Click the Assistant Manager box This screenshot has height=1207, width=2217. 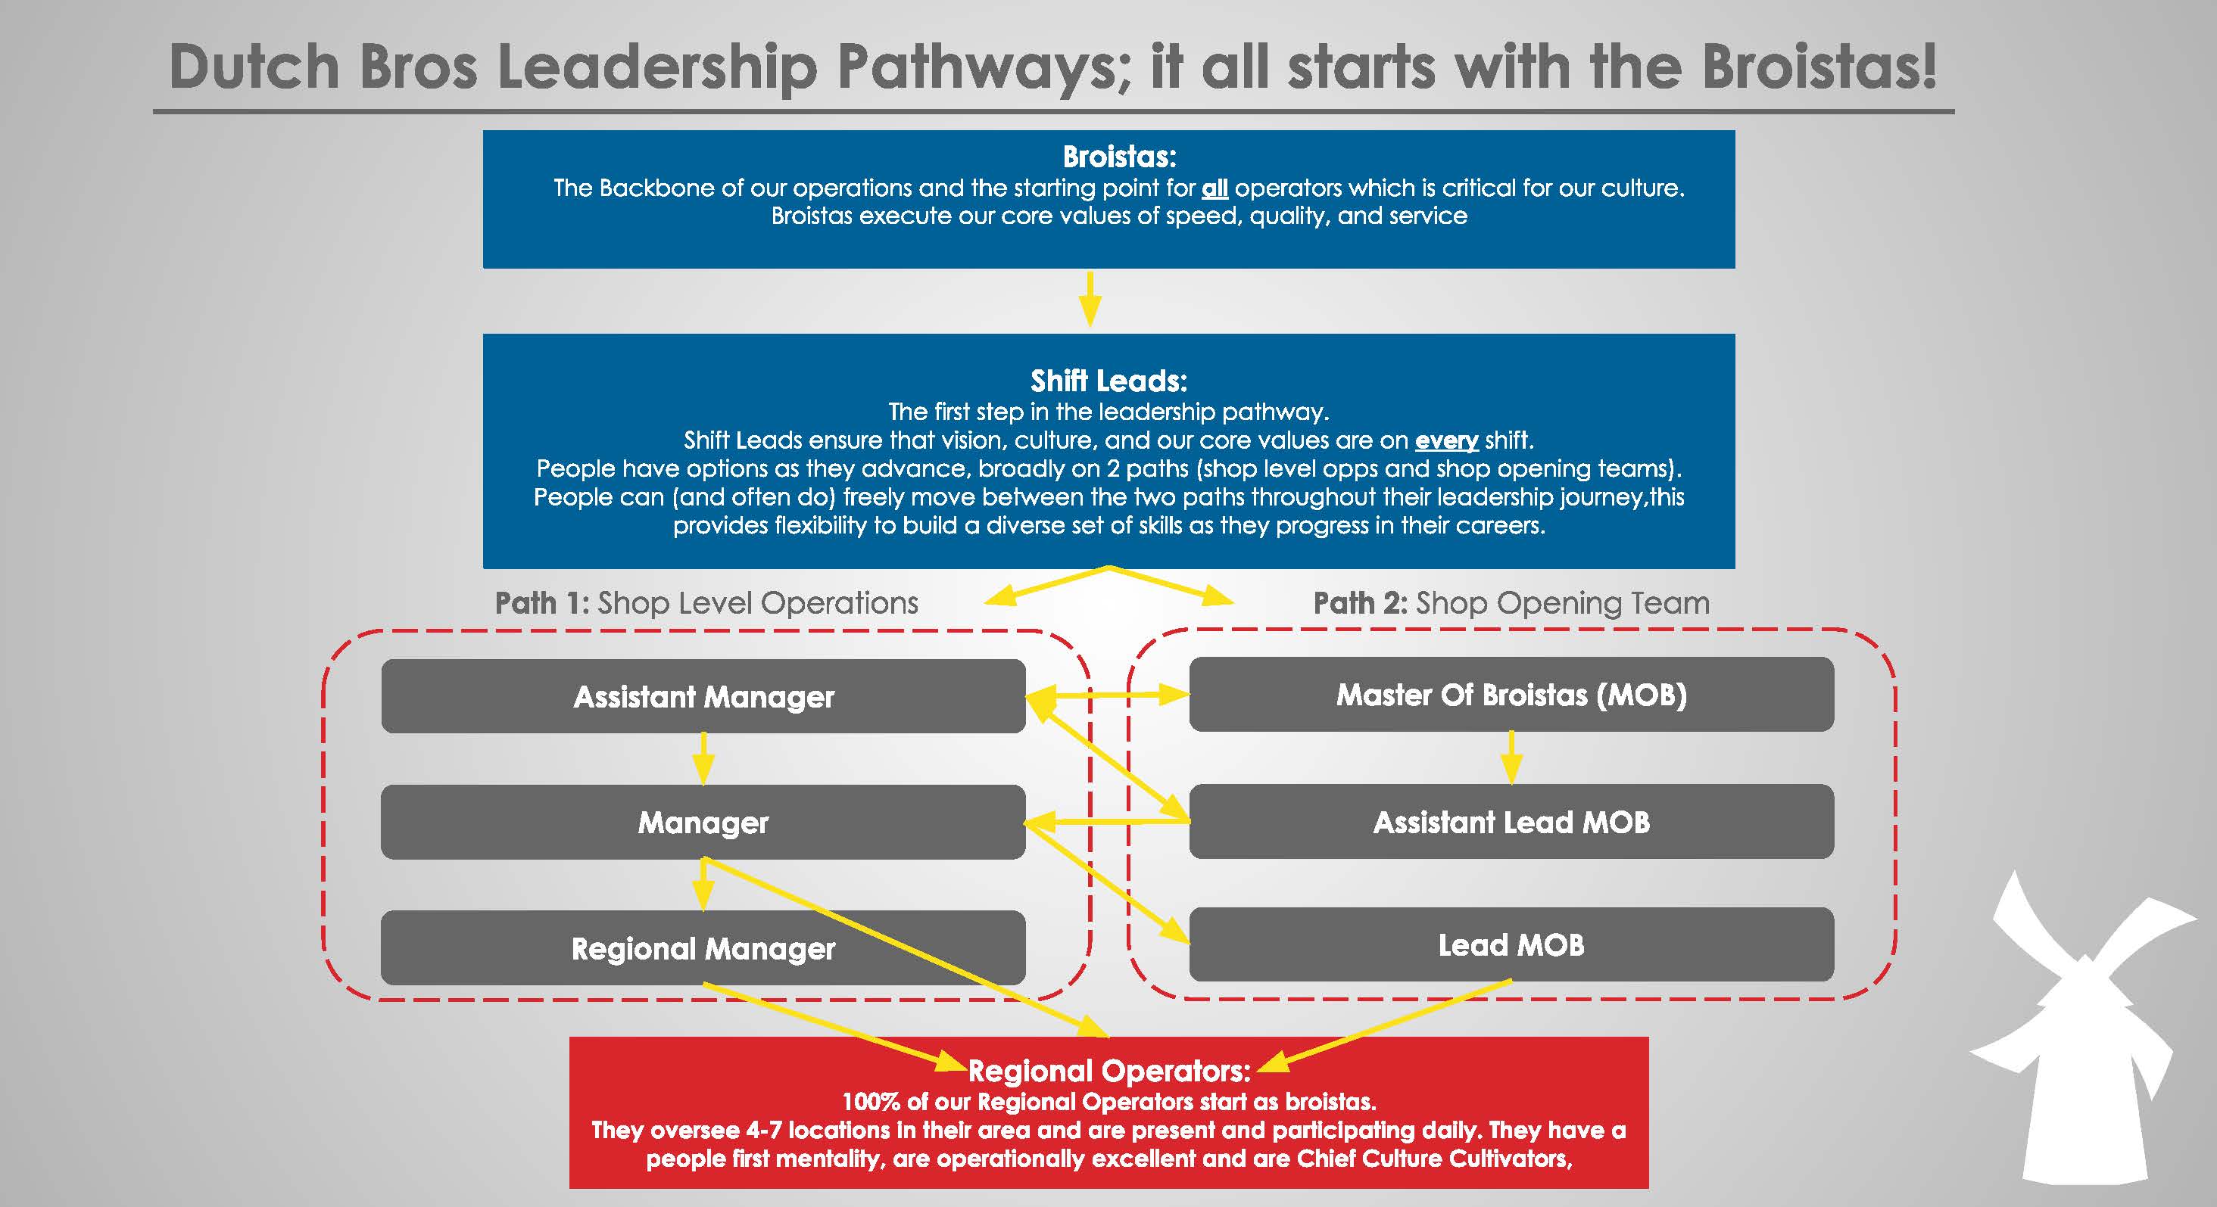coord(703,696)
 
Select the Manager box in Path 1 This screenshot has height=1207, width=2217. coord(703,822)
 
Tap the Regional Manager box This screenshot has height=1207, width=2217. coord(703,948)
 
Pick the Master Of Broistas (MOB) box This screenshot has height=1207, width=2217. coord(1511,694)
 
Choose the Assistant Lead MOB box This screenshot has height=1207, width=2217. coord(1511,822)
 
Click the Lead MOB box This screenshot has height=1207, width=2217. coord(1511,944)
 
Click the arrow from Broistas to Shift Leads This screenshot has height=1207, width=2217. coord(1090,300)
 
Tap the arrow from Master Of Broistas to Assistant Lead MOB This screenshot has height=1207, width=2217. coord(1511,757)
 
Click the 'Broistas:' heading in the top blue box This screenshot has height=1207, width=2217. coord(1119,157)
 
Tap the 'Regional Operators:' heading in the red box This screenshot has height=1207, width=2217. coord(1108,1071)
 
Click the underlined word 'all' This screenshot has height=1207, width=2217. coord(1215,188)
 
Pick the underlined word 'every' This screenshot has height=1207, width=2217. coord(1446,440)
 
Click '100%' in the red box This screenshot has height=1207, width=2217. coord(870,1102)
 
